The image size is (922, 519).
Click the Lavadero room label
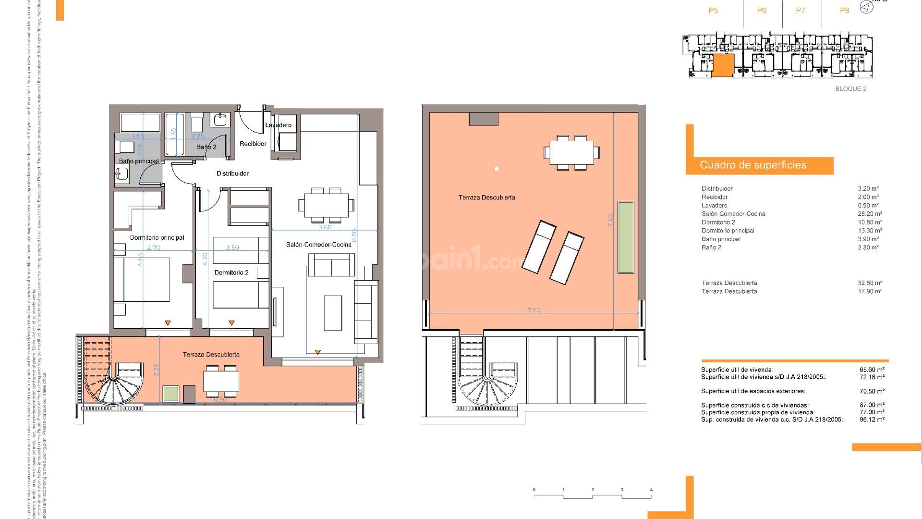pyautogui.click(x=279, y=125)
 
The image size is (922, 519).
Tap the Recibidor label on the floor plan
pyautogui.click(x=253, y=144)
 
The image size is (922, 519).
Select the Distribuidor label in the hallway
pyautogui.click(x=232, y=173)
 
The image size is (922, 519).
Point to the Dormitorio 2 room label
pyautogui.click(x=231, y=272)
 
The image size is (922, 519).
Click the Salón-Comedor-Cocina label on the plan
pyautogui.click(x=319, y=245)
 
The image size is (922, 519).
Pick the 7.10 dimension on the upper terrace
pyautogui.click(x=534, y=310)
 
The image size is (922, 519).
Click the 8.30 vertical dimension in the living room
pyautogui.click(x=354, y=235)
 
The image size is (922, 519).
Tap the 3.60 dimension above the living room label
pyautogui.click(x=325, y=227)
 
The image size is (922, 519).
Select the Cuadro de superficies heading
pyautogui.click(x=753, y=165)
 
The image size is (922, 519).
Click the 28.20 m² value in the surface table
pyautogui.click(x=870, y=214)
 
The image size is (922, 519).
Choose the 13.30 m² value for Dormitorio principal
pyautogui.click(x=870, y=231)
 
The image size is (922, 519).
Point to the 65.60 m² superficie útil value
pyautogui.click(x=872, y=370)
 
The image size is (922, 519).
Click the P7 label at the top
pyautogui.click(x=801, y=11)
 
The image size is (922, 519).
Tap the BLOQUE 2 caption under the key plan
pyautogui.click(x=850, y=89)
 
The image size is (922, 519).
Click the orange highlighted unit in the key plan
pyautogui.click(x=722, y=65)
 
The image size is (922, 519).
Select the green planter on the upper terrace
pyautogui.click(x=626, y=237)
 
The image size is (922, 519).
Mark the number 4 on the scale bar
pyautogui.click(x=651, y=490)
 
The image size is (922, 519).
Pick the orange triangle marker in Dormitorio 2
pyautogui.click(x=232, y=323)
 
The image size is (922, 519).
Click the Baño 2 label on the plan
pyautogui.click(x=206, y=147)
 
